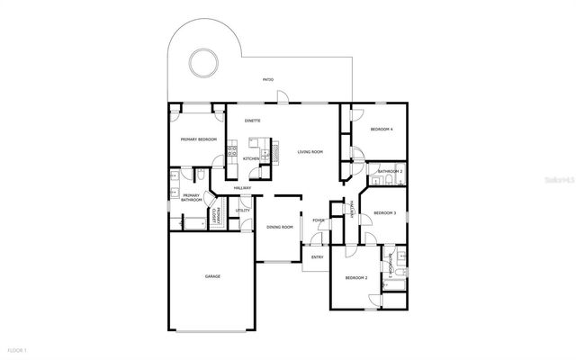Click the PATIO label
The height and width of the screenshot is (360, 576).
(267, 80)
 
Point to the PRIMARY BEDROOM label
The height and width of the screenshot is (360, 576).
(198, 139)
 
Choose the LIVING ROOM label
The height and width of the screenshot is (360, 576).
(310, 151)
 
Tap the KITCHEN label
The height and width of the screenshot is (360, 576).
(251, 158)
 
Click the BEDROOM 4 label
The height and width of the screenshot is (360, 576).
(382, 130)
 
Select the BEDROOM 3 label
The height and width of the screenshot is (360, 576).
(384, 212)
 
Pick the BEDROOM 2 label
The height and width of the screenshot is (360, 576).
(356, 277)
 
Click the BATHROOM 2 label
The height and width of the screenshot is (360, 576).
(390, 171)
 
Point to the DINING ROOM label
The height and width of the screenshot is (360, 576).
(280, 227)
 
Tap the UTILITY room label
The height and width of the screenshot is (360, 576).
(243, 211)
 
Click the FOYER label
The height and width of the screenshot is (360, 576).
(319, 220)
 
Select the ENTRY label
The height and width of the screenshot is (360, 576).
(317, 257)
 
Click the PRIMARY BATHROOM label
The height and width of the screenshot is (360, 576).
(191, 197)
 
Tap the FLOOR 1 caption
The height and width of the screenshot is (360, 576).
(18, 349)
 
